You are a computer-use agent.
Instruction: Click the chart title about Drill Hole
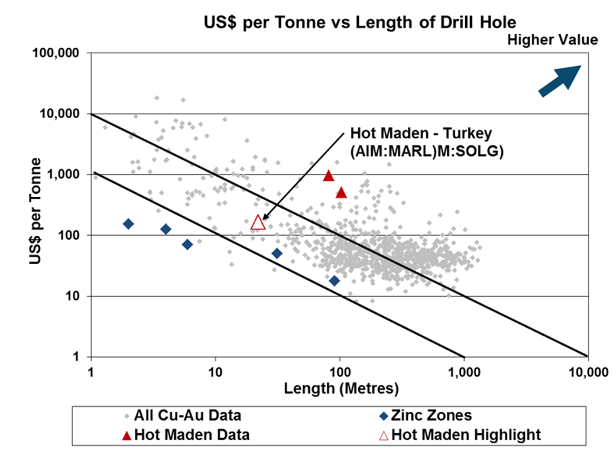click(x=360, y=23)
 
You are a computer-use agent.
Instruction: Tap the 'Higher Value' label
click(x=553, y=40)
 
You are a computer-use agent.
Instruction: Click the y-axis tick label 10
click(x=74, y=296)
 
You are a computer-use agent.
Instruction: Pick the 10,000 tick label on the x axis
click(x=588, y=372)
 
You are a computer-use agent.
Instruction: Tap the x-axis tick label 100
click(x=339, y=372)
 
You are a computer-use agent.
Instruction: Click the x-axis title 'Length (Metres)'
click(x=341, y=389)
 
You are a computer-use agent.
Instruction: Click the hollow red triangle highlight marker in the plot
click(x=258, y=222)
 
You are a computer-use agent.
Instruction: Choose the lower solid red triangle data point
click(x=341, y=192)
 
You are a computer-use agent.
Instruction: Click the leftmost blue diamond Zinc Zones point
click(x=128, y=224)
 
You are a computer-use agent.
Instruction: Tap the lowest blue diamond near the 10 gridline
click(x=334, y=280)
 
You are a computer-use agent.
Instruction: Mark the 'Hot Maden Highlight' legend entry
click(x=463, y=434)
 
